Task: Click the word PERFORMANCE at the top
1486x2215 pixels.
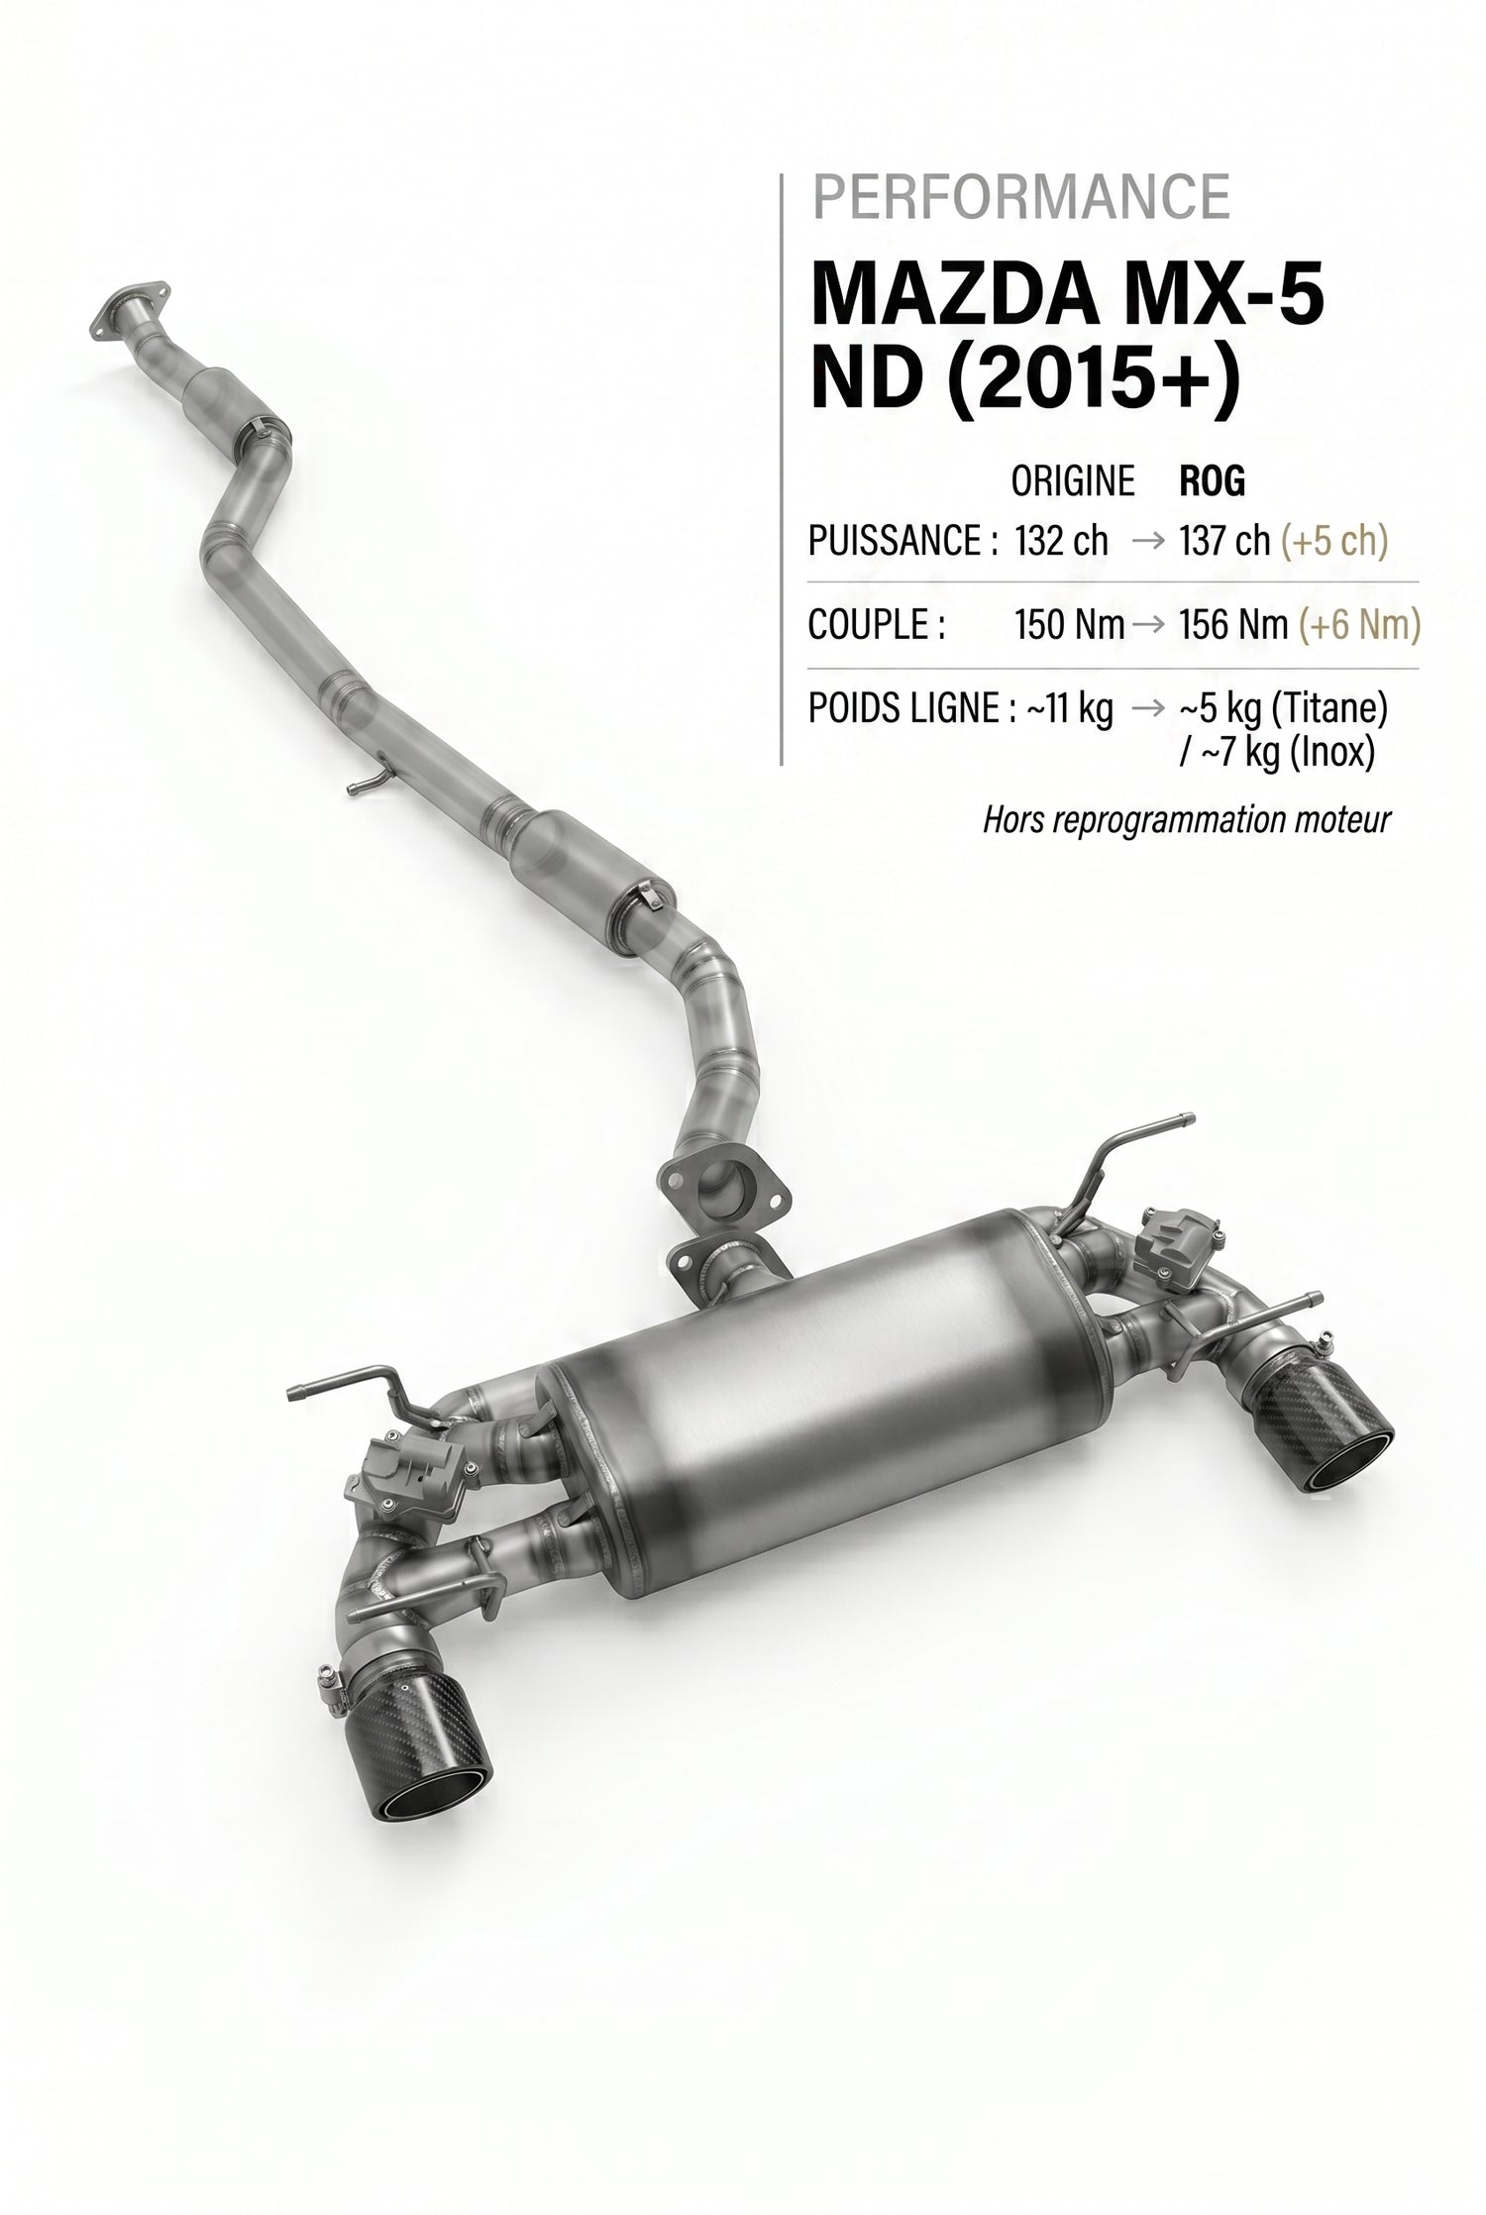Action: (x=1021, y=197)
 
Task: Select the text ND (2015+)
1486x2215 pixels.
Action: (x=1025, y=379)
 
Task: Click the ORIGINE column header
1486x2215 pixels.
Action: (x=1072, y=481)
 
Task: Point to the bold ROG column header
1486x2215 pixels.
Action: (x=1213, y=481)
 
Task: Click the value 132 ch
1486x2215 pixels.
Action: (x=1061, y=541)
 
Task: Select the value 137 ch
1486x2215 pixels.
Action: (x=1224, y=541)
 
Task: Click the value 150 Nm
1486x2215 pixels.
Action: (x=1069, y=625)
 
